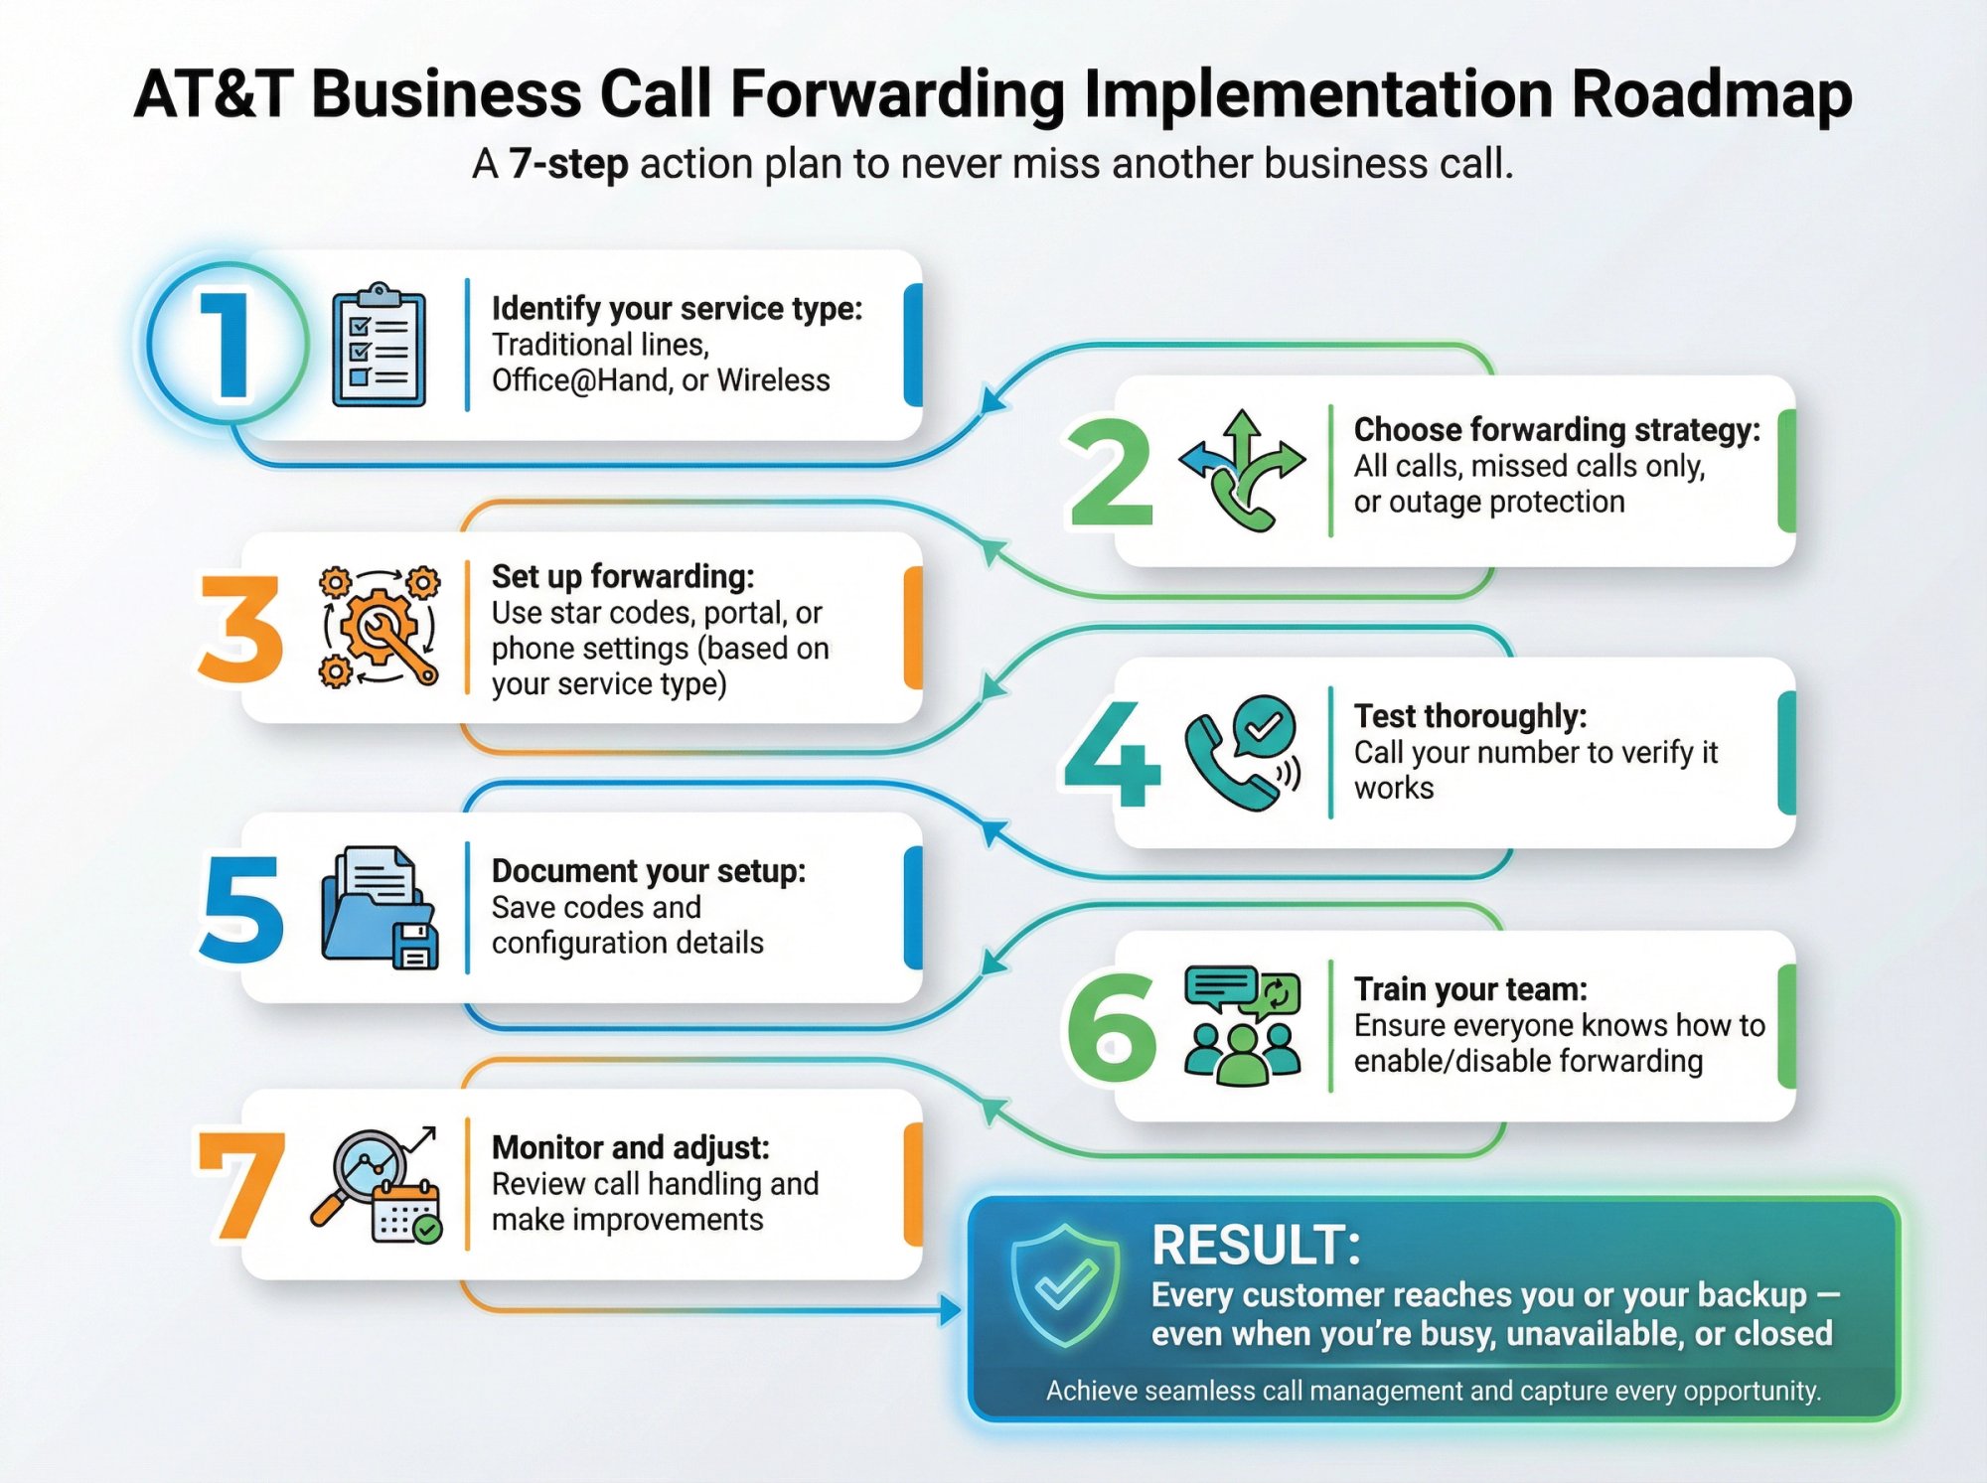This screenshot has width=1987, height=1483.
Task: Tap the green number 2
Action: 1111,473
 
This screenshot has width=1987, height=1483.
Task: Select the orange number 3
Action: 240,629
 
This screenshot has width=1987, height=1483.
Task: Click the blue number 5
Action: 241,909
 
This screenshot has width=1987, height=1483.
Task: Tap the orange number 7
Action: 241,1185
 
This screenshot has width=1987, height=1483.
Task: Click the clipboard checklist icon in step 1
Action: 379,345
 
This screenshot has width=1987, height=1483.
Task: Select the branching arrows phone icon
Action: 1242,471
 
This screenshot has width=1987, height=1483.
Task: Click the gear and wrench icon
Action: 380,627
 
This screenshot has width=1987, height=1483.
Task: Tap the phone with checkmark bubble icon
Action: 1242,753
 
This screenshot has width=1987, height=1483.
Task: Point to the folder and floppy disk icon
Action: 380,908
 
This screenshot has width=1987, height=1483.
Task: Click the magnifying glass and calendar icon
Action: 378,1184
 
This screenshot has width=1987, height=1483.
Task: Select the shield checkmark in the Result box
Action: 1064,1285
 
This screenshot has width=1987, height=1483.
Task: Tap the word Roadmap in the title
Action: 1711,95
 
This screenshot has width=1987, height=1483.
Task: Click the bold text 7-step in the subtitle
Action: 568,164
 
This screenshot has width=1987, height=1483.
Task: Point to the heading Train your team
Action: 1470,989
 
